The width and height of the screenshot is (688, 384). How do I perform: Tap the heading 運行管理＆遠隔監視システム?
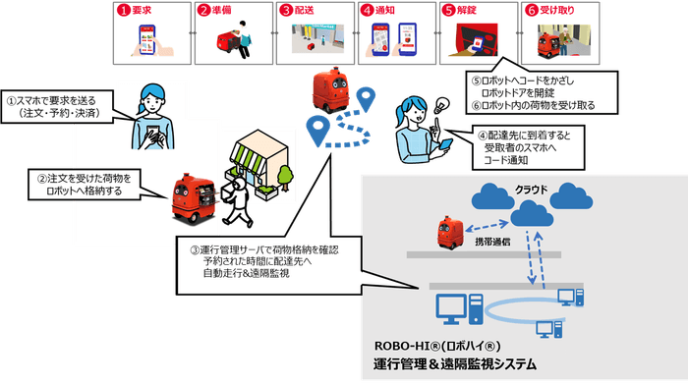[x=462, y=366]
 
